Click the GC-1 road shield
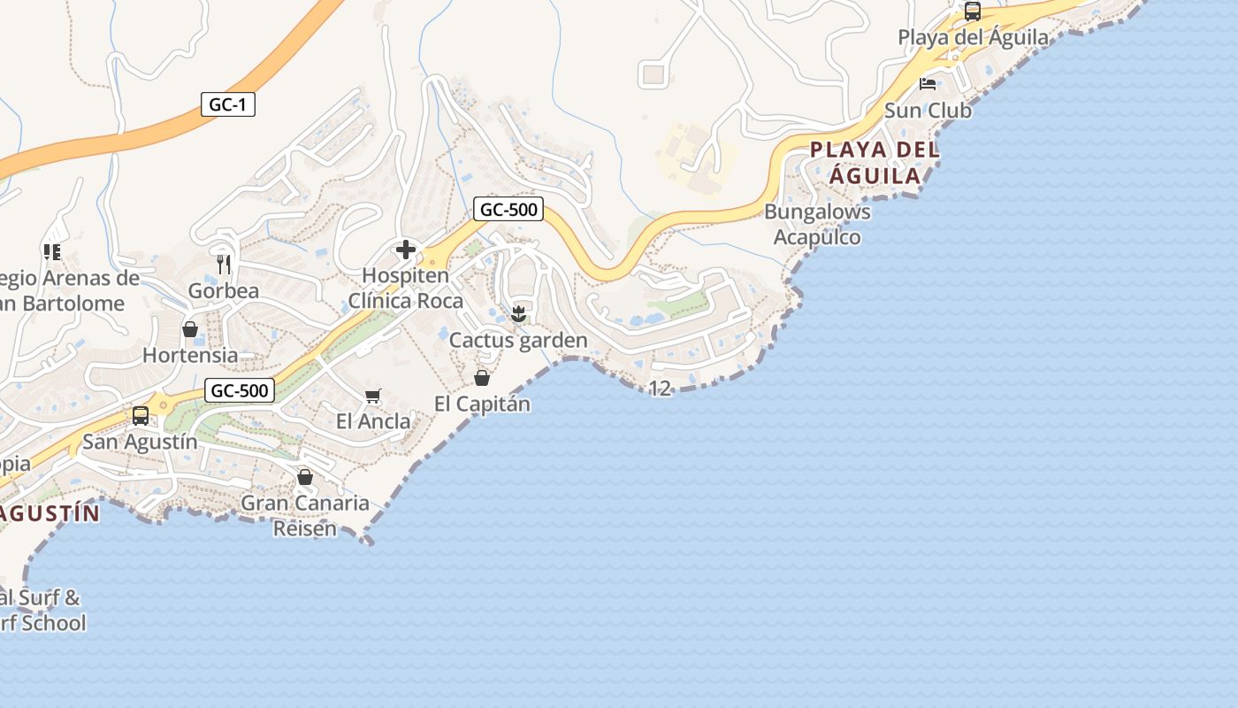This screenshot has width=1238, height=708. [x=227, y=104]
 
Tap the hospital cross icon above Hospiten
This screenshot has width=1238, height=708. [x=406, y=250]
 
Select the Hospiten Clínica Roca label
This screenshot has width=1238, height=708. [x=405, y=289]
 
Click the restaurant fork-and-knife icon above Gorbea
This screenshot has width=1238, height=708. [x=224, y=264]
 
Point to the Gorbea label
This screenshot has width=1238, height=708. [x=224, y=291]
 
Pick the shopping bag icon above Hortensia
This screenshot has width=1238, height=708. [x=190, y=329]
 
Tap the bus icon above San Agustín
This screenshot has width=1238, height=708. [x=141, y=415]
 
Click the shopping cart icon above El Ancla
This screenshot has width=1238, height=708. [x=372, y=396]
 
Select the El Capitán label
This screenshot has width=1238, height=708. [x=482, y=404]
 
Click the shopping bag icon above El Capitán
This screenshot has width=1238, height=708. [x=482, y=378]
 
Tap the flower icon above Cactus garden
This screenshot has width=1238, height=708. [x=519, y=313]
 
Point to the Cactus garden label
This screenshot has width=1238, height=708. [x=518, y=341]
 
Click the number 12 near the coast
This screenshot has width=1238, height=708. [x=660, y=389]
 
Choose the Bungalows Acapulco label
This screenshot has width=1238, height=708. [x=817, y=225]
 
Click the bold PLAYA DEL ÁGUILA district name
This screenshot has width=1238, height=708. [x=875, y=162]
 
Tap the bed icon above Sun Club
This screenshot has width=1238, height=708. [x=928, y=84]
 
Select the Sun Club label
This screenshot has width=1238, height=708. [x=928, y=112]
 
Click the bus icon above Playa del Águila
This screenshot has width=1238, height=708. [x=973, y=12]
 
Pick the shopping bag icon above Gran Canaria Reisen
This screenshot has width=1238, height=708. [x=305, y=477]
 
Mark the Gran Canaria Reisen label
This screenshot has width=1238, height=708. [x=305, y=516]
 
